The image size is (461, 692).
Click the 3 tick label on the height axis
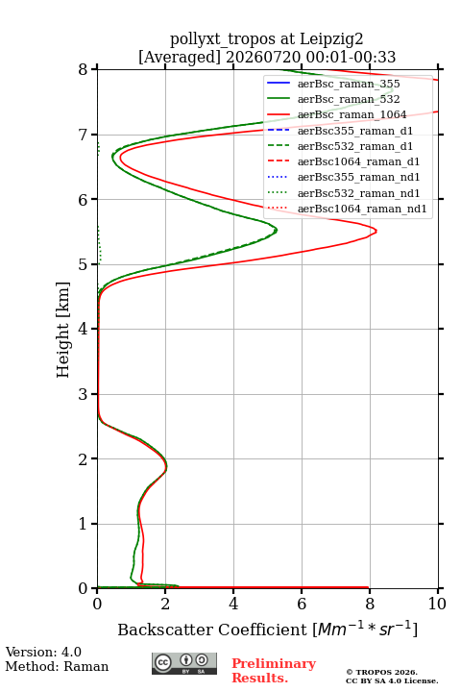83,394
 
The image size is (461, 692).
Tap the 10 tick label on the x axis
437,604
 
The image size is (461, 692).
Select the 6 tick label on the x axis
302,604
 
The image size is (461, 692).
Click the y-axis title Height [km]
63,330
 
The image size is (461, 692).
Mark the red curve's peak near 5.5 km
376,231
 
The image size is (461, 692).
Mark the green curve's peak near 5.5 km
277,230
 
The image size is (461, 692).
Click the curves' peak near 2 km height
167,465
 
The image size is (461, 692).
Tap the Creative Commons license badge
184,663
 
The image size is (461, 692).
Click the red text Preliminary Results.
274,671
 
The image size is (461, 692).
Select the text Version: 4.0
43,652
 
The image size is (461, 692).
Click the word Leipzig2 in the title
331,39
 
